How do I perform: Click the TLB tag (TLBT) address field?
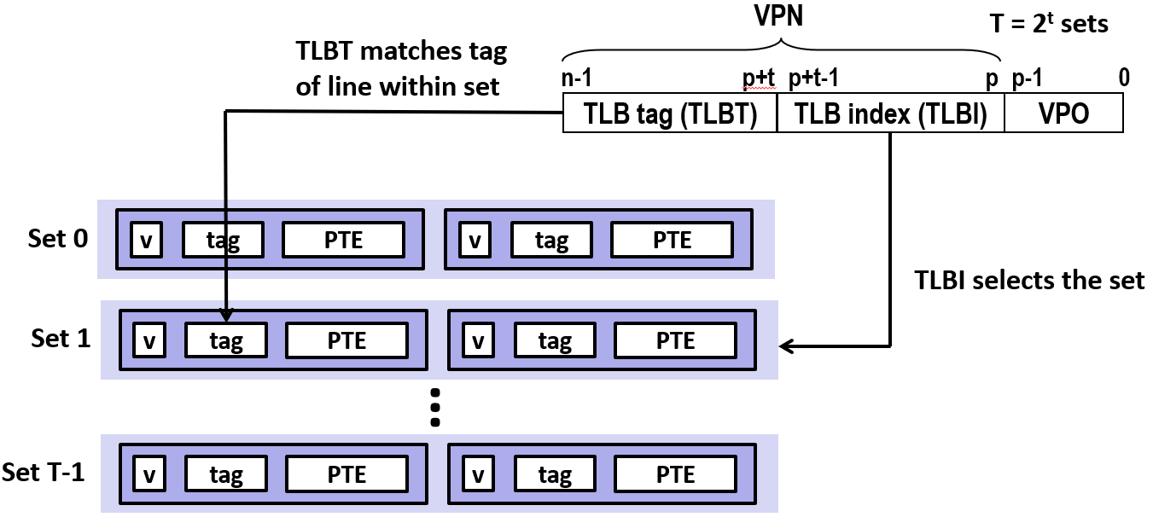(x=670, y=113)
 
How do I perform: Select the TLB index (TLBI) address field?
(x=890, y=113)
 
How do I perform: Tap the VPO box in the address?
(x=1063, y=113)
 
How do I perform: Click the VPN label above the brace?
(x=778, y=15)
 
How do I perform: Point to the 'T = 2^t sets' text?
(x=1049, y=23)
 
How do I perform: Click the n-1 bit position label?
(x=577, y=78)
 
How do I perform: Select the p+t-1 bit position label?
(x=814, y=78)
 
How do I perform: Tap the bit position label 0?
(x=1124, y=78)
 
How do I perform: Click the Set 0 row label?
(x=58, y=238)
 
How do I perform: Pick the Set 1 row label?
(x=61, y=338)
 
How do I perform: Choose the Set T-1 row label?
(x=43, y=472)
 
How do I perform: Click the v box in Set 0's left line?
(x=146, y=240)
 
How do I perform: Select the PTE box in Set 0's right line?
(x=673, y=240)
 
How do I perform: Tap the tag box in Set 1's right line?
(x=556, y=340)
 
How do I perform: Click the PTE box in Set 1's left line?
(x=347, y=340)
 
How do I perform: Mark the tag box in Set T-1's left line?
(x=226, y=473)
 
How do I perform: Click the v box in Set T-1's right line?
(x=478, y=473)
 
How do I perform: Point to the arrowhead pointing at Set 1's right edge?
(x=786, y=346)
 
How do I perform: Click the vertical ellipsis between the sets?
(x=435, y=408)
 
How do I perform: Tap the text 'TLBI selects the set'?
(x=1029, y=281)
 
